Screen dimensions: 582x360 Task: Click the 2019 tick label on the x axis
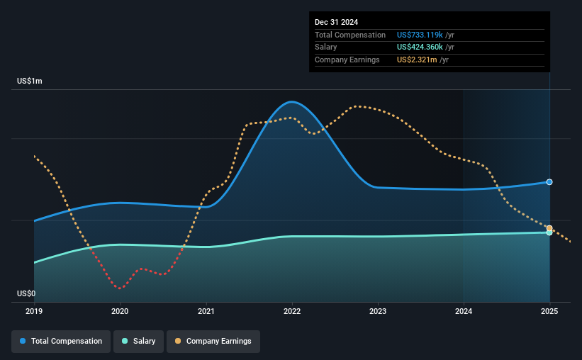pyautogui.click(x=34, y=311)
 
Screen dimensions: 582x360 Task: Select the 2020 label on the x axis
pyautogui.click(x=120, y=311)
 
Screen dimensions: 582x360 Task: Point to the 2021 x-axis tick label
pyautogui.click(x=206, y=311)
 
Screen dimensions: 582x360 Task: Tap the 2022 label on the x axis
pyautogui.click(x=292, y=311)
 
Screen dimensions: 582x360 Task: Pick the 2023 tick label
pyautogui.click(x=378, y=311)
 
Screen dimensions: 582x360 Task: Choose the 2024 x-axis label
pyautogui.click(x=464, y=311)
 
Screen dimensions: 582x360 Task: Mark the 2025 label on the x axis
pyautogui.click(x=549, y=311)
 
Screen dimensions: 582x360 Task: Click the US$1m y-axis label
pyautogui.click(x=30, y=81)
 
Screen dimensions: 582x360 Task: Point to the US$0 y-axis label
pyautogui.click(x=26, y=293)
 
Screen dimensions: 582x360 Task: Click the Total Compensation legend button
pyautogui.click(x=61, y=342)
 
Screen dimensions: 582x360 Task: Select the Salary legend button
pyautogui.click(x=138, y=342)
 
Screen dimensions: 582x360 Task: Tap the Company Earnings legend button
pyautogui.click(x=213, y=342)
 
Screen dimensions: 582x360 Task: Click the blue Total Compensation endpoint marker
pyautogui.click(x=549, y=182)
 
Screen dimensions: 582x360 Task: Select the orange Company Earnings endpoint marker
pyautogui.click(x=549, y=228)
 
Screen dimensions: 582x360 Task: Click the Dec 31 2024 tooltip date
pyautogui.click(x=336, y=22)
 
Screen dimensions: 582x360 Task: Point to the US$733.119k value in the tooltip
pyautogui.click(x=420, y=35)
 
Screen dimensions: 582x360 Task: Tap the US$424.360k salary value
pyautogui.click(x=420, y=47)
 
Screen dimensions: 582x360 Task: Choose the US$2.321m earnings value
pyautogui.click(x=417, y=60)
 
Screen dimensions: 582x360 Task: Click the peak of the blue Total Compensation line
pyautogui.click(x=292, y=101)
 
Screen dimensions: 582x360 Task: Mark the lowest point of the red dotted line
pyautogui.click(x=120, y=288)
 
